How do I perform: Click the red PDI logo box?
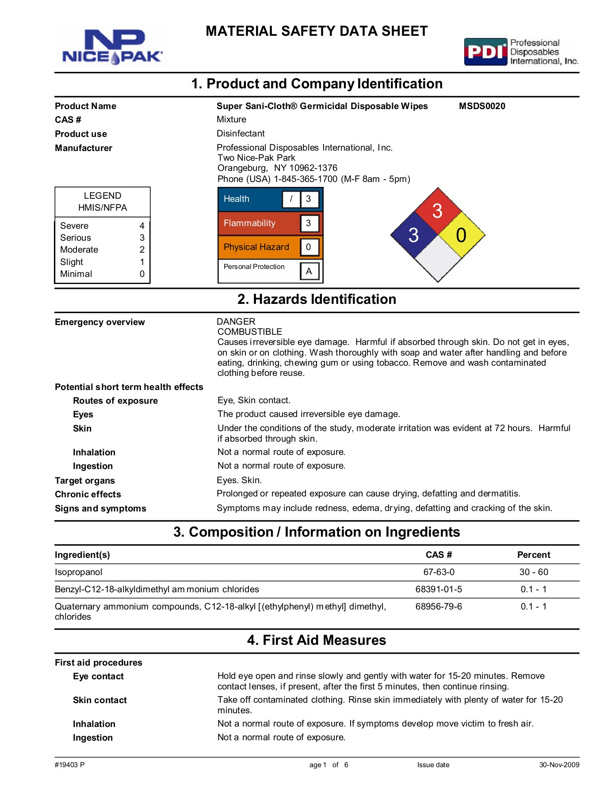click(x=485, y=52)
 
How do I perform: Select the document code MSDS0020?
click(x=482, y=106)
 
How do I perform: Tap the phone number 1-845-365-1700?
click(x=306, y=179)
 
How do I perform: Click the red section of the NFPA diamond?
click(x=437, y=211)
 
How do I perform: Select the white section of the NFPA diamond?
click(x=438, y=259)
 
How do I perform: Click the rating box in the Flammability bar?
click(x=309, y=223)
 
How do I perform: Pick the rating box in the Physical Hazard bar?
click(x=309, y=247)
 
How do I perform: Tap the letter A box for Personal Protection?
click(x=309, y=271)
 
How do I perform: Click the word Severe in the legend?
click(x=74, y=226)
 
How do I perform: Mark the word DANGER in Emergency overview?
click(x=236, y=322)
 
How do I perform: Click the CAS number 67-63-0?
click(x=439, y=572)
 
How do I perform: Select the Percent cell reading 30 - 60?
click(x=534, y=572)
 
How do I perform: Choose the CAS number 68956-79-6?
click(x=439, y=606)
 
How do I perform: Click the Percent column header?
click(x=534, y=555)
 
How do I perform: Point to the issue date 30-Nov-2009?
click(x=559, y=765)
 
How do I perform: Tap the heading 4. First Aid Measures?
click(x=317, y=640)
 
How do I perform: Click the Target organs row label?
click(x=85, y=481)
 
